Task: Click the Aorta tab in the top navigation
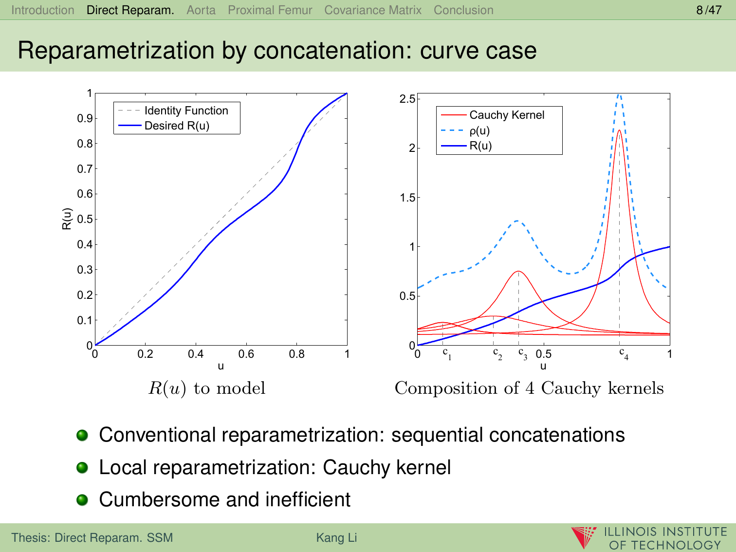point(201,10)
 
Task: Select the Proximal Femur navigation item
point(270,10)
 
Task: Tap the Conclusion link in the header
point(463,10)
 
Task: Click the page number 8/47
point(709,10)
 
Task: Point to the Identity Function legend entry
point(186,111)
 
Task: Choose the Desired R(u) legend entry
point(177,126)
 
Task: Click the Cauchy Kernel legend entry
point(507,115)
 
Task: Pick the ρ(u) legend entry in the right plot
point(479,130)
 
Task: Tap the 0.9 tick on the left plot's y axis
point(85,118)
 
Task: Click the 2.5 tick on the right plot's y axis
point(407,99)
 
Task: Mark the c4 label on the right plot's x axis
point(624,354)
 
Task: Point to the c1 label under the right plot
point(447,354)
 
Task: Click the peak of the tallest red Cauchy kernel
point(619,130)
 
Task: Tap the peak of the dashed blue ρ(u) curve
point(619,95)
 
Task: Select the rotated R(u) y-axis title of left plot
point(67,219)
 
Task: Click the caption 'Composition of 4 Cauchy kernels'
point(529,388)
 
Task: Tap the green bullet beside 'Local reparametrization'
point(82,467)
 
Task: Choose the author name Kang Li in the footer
point(336,538)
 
